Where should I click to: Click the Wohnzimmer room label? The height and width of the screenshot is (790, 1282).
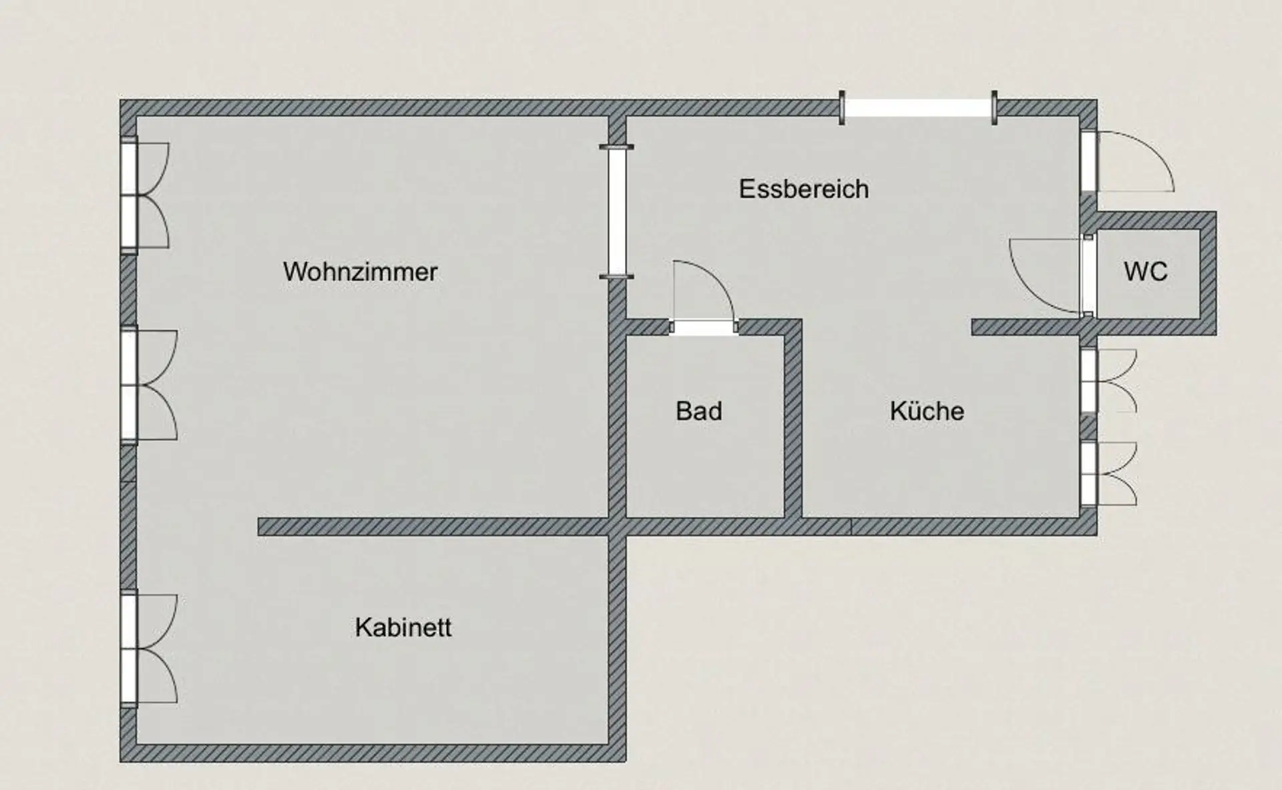[x=360, y=272]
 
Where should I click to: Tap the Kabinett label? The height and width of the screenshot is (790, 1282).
[x=403, y=627]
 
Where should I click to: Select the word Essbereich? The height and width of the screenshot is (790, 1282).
[x=804, y=189]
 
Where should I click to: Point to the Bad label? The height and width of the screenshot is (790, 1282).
[x=698, y=411]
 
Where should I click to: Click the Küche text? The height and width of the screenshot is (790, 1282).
[x=927, y=411]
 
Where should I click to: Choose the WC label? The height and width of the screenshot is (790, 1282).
[x=1146, y=272]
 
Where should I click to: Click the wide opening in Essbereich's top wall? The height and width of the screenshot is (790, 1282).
[x=917, y=108]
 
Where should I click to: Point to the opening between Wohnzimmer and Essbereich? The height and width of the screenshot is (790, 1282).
[x=617, y=211]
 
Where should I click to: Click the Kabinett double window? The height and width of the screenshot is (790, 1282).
[x=129, y=648]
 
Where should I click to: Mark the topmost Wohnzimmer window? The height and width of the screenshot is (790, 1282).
[x=129, y=195]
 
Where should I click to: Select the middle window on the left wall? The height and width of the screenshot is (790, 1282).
[x=129, y=384]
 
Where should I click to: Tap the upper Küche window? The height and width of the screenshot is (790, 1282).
[x=1088, y=380]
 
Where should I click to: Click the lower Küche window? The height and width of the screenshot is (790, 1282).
[x=1088, y=473]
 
